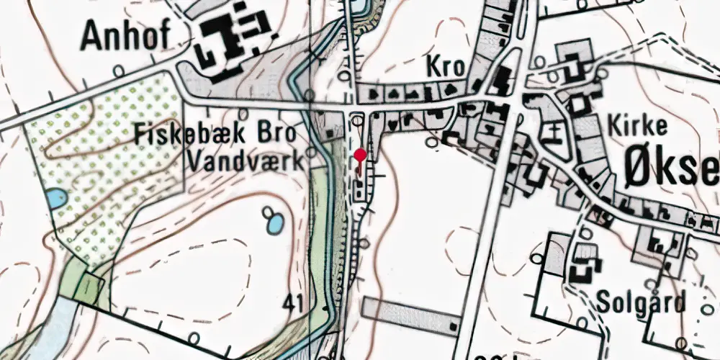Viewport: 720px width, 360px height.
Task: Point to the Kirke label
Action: click(638, 126)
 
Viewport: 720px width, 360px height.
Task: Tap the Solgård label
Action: click(641, 303)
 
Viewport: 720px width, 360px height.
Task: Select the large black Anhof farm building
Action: click(230, 40)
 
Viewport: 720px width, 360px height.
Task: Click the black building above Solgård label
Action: click(584, 272)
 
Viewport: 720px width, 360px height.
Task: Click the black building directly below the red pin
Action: click(359, 191)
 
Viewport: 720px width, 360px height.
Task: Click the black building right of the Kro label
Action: click(503, 78)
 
